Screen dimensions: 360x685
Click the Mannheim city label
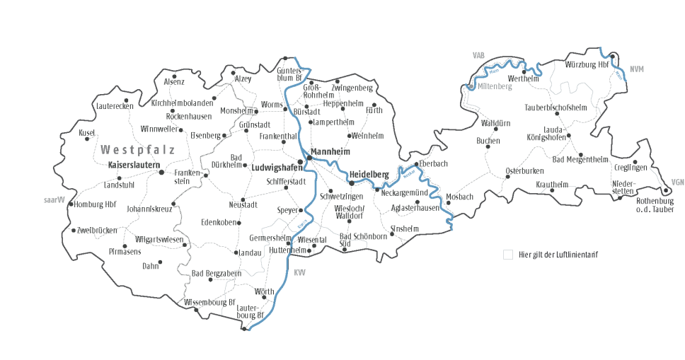(332, 151)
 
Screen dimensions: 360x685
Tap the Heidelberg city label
(369, 174)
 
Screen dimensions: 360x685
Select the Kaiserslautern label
(132, 165)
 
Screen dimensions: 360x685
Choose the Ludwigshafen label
(274, 168)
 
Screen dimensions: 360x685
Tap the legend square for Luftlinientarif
(507, 254)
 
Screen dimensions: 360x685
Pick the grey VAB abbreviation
(480, 54)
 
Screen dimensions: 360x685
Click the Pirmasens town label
(125, 251)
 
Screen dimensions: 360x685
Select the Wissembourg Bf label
(209, 302)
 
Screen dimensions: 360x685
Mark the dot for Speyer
(301, 210)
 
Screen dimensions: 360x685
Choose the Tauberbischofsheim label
(556, 108)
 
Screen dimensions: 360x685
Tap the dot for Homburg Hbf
(70, 204)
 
